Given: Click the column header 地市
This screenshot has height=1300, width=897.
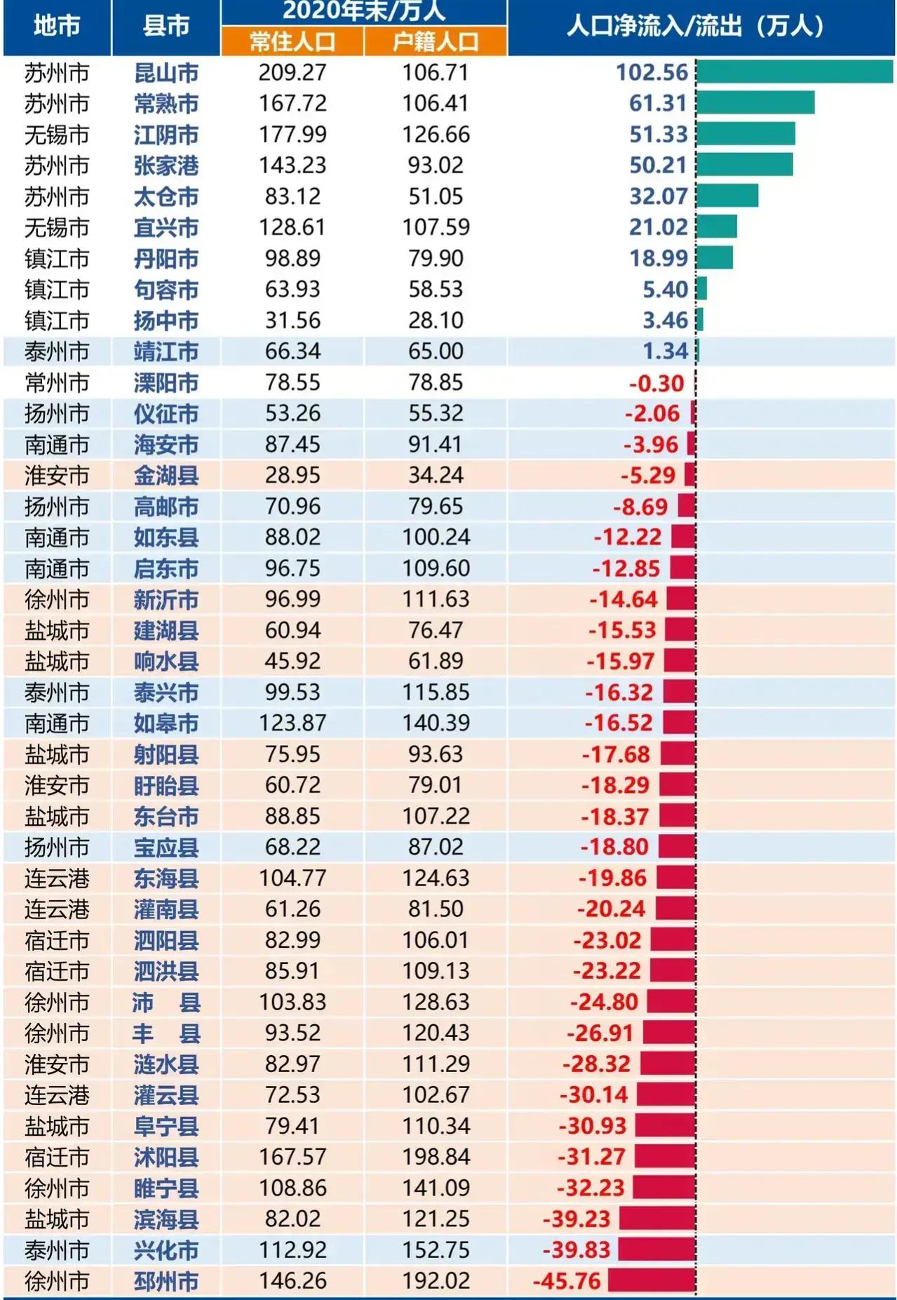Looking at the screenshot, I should (57, 26).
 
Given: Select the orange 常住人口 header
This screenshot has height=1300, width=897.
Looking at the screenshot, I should (292, 42).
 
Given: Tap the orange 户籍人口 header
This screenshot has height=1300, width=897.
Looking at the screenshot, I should (436, 42).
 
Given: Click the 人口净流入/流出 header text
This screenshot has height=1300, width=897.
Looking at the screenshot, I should (694, 27).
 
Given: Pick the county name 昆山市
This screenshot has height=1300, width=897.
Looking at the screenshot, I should (166, 73).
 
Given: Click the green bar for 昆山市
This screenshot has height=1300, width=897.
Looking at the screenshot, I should (794, 72).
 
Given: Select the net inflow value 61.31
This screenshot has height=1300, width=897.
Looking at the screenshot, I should (657, 104).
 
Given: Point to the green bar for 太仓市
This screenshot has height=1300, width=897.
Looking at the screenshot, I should (727, 196).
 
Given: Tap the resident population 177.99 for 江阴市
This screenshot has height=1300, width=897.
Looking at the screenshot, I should (292, 135).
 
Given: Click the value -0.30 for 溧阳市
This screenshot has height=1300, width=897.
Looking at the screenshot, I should (656, 383).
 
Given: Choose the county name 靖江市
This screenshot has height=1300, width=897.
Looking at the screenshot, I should (166, 351).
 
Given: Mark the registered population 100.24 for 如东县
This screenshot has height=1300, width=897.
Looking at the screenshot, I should (436, 537).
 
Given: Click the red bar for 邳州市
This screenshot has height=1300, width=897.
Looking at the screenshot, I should (652, 1280).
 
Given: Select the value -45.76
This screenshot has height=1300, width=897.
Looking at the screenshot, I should (567, 1281).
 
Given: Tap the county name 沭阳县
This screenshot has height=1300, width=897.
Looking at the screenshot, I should (166, 1157).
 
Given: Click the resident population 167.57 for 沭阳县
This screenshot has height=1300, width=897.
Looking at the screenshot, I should (292, 1157).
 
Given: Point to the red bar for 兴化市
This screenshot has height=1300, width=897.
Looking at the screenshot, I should (656, 1249).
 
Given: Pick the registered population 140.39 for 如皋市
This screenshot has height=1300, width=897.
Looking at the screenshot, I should (436, 723).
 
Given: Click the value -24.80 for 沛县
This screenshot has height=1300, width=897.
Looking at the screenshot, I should (604, 1002).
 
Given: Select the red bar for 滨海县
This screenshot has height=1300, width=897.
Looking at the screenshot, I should (657, 1219).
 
